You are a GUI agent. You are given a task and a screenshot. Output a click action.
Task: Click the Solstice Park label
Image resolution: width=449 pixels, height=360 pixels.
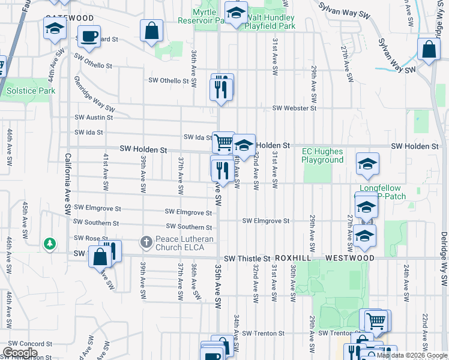pyautogui.click(x=31, y=91)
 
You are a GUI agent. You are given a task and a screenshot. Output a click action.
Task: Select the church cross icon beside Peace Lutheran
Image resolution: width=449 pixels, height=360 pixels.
pyautogui.click(x=146, y=242)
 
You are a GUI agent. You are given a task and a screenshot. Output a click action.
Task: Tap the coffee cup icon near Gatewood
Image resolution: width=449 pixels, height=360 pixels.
pyautogui.click(x=89, y=36)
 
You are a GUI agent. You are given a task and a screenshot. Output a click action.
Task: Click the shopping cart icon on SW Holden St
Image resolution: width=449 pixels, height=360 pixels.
pyautogui.click(x=223, y=142)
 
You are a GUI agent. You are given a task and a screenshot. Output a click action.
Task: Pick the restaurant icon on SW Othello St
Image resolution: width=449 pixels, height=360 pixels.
pyautogui.click(x=221, y=88)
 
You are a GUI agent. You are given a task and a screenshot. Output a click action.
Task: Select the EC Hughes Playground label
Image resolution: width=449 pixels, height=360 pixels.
pyautogui.click(x=322, y=156)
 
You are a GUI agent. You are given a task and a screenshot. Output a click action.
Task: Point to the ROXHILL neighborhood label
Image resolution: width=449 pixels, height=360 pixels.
pyautogui.click(x=295, y=257)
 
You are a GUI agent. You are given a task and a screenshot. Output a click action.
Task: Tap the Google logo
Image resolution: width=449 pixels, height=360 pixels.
pyautogui.click(x=20, y=353)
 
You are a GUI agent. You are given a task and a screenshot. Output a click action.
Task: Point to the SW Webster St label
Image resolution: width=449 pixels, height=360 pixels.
pyautogui.click(x=294, y=108)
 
